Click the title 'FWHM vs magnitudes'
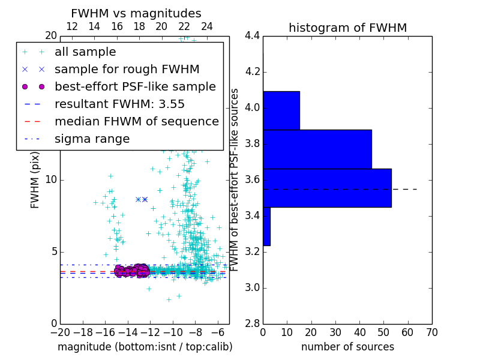pyautogui.click(x=136, y=14)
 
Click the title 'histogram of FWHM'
pyautogui.click(x=347, y=28)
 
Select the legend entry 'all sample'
pyautogui.click(x=85, y=52)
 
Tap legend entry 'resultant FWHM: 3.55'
pyautogui.click(x=119, y=104)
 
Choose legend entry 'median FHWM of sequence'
pyautogui.click(x=136, y=122)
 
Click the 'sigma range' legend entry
pyautogui.click(x=92, y=139)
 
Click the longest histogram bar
pyautogui.click(x=327, y=188)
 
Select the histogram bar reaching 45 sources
pyautogui.click(x=317, y=149)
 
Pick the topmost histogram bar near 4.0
pyautogui.click(x=281, y=110)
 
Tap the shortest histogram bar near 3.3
pyautogui.click(x=266, y=226)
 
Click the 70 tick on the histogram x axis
pyautogui.click(x=431, y=332)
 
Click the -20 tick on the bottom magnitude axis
pyautogui.click(x=60, y=332)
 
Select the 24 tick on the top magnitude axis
pyautogui.click(x=207, y=27)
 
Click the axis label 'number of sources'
pyautogui.click(x=347, y=347)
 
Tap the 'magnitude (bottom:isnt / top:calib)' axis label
pyautogui.click(x=145, y=347)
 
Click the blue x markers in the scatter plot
pyautogui.click(x=142, y=199)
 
